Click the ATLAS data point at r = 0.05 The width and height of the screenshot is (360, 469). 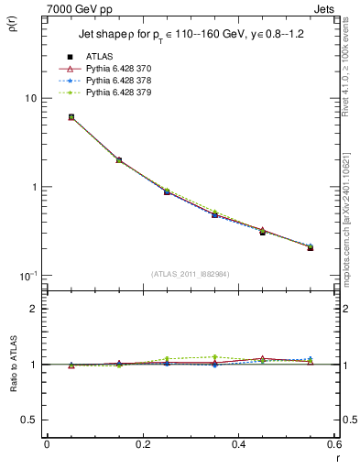[71, 117]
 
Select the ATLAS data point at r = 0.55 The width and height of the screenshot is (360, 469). [311, 247]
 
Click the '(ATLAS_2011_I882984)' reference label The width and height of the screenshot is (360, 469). [191, 274]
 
